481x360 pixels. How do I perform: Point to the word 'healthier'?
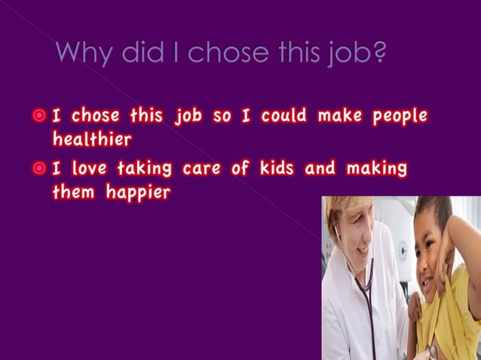[x=92, y=139]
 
